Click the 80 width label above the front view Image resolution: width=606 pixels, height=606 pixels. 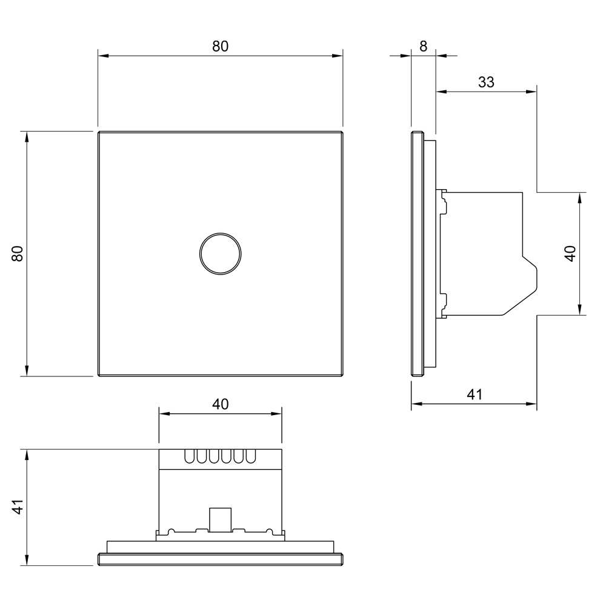coord(221,47)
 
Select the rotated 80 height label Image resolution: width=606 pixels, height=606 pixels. coord(18,254)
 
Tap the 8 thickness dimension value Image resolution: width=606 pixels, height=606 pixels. coord(423,47)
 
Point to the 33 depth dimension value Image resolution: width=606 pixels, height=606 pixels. coord(486,82)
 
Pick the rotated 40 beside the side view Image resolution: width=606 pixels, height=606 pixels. coord(570,253)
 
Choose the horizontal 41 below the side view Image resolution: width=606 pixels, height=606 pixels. coord(474,395)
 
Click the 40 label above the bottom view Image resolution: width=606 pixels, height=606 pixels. coord(221,404)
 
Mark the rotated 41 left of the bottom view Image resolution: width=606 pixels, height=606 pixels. coord(18,507)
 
